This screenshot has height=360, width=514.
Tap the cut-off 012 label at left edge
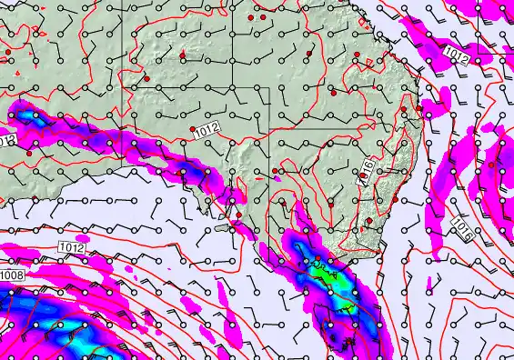pos(6,141)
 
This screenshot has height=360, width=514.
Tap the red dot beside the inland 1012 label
pos(191,129)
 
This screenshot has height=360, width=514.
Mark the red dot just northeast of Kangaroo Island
pos(239,215)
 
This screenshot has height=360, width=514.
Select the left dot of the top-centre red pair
pos(252,17)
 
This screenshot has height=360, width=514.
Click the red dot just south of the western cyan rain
pos(29,154)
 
